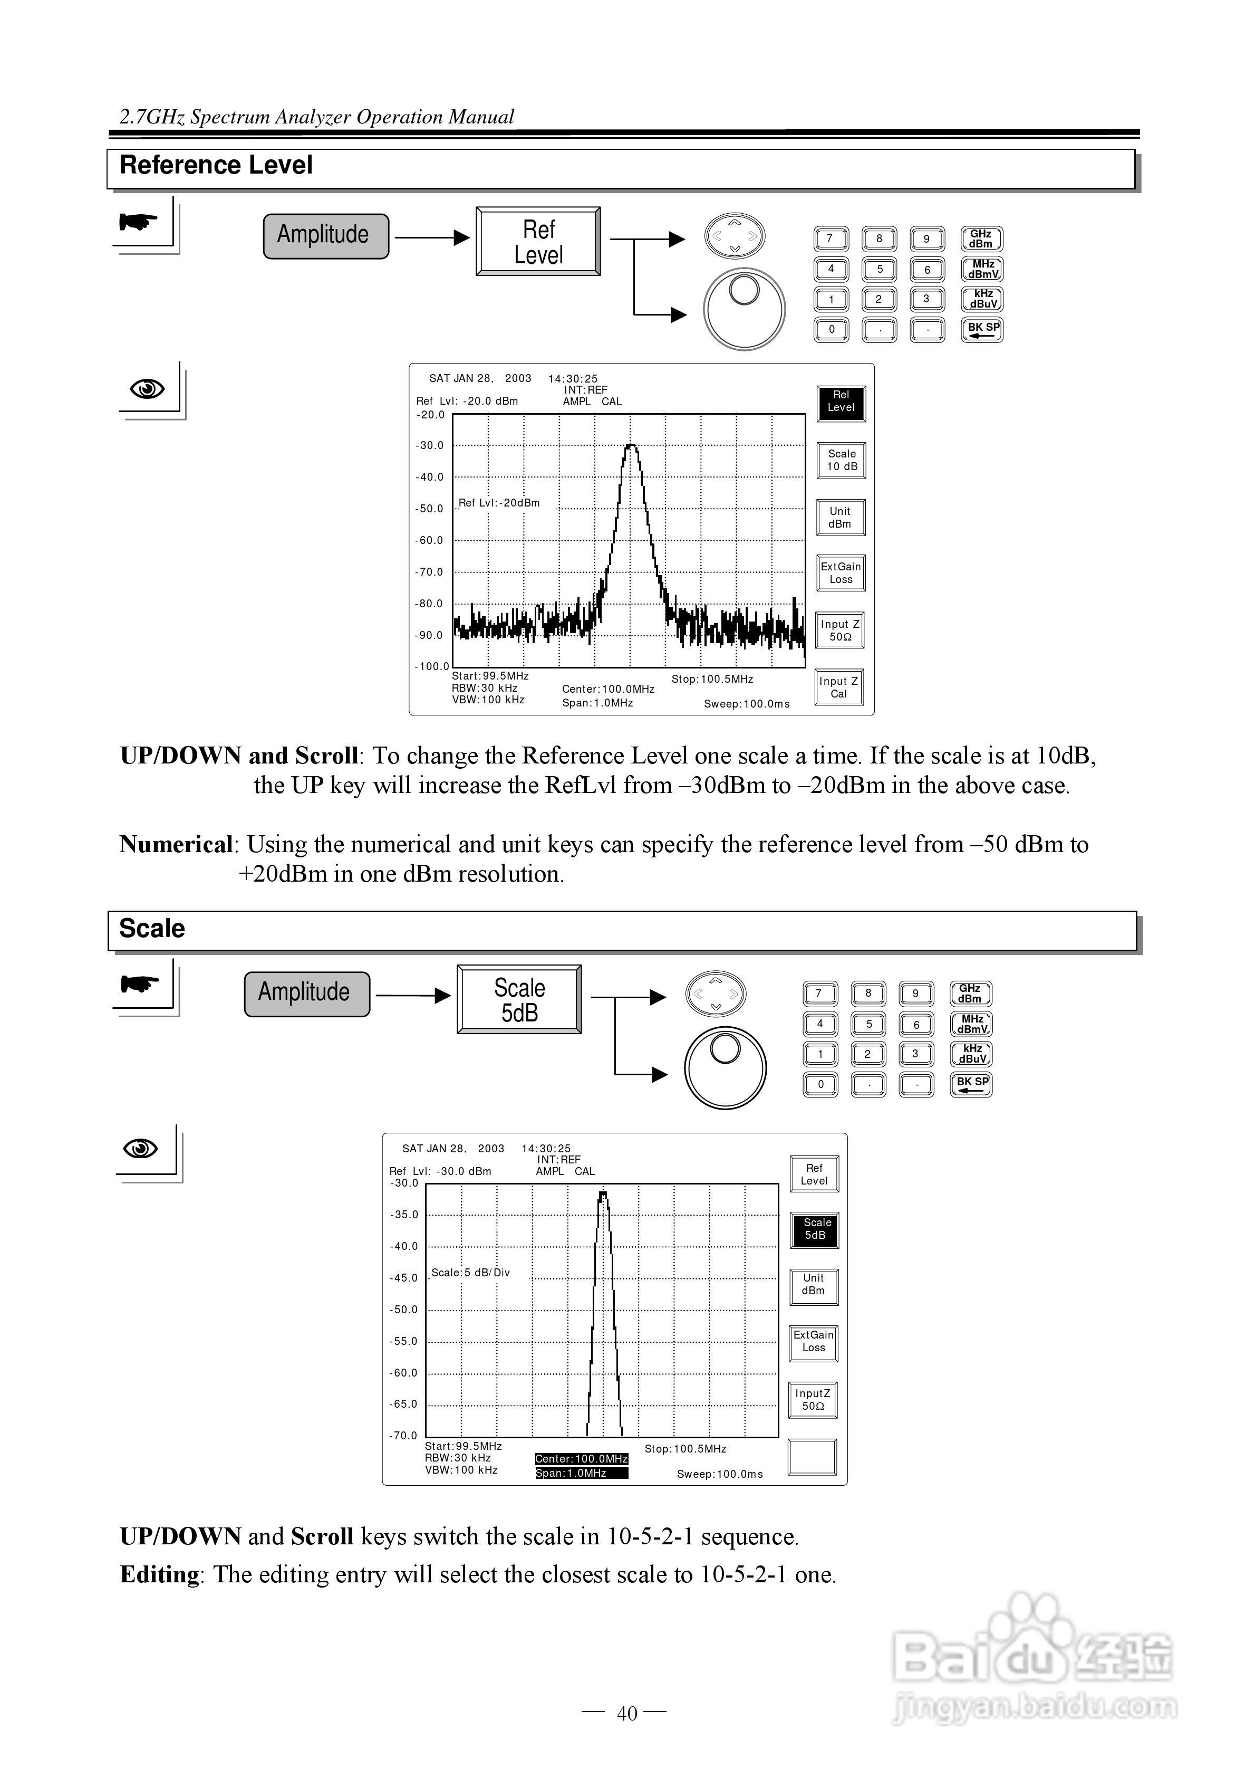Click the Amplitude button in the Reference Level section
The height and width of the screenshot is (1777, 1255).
tap(326, 236)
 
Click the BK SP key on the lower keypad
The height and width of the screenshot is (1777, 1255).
tap(971, 1084)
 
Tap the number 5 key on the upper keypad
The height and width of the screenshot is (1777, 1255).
tap(879, 269)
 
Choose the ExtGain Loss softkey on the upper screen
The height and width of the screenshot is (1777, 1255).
tap(841, 574)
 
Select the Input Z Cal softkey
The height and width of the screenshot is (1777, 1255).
tap(839, 687)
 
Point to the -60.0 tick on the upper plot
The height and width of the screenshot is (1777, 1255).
tap(429, 540)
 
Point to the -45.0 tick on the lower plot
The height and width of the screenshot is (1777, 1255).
tap(403, 1278)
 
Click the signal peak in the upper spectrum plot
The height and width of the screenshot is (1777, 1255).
tap(631, 446)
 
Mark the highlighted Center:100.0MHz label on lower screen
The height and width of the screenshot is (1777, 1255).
tap(581, 1459)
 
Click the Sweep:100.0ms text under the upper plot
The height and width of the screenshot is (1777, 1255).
tap(747, 703)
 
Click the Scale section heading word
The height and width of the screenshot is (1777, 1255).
tap(152, 928)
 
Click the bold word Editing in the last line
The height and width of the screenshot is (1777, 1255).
tap(159, 1574)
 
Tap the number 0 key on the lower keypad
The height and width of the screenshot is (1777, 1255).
tap(821, 1084)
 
